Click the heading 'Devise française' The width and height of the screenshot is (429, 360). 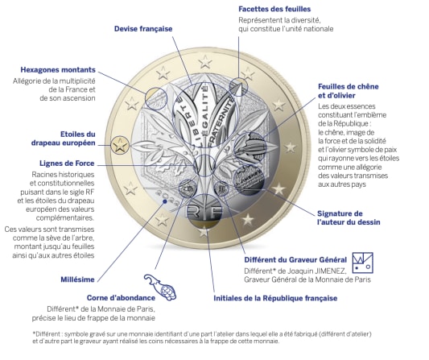click(143, 29)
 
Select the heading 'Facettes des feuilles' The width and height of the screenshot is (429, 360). click(274, 9)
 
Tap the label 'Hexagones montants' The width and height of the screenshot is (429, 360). click(58, 70)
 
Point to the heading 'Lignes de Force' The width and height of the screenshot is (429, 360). click(67, 163)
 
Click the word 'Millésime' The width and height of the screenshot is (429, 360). click(77, 279)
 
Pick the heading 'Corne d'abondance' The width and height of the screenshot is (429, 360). click(121, 298)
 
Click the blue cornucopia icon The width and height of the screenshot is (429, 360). click(160, 287)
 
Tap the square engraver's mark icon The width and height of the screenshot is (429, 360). click(362, 263)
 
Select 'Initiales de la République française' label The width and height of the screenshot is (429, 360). click(275, 298)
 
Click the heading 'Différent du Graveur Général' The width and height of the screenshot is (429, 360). click(295, 260)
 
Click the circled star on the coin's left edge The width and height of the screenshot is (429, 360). click(120, 145)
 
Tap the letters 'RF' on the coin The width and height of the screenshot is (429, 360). click(204, 212)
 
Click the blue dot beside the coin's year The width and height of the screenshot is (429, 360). click(165, 201)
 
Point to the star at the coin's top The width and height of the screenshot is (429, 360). click(205, 62)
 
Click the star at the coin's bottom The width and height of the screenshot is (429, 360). click(204, 232)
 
